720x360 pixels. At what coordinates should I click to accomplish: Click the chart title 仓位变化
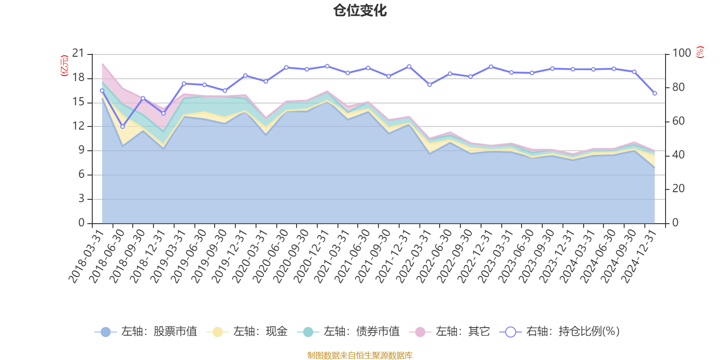coord(360,10)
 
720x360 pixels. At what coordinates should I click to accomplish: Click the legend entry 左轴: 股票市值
coord(146,332)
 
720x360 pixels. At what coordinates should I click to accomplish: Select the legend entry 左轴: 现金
coord(247,332)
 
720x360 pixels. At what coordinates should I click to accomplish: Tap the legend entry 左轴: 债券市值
coord(348,332)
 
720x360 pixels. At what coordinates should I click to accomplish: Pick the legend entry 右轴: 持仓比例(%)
coord(560,332)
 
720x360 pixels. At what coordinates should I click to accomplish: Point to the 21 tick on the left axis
coord(78,54)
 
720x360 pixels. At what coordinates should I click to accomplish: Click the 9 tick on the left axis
coord(81,150)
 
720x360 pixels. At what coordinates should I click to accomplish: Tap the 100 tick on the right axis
coord(681,54)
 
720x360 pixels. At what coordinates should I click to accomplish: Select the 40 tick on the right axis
coord(679,155)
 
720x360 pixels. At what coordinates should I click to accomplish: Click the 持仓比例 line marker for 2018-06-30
coord(122,126)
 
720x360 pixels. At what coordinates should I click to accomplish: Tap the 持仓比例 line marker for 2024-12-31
coord(655,93)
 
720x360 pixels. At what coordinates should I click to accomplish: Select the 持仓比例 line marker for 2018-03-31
coord(102,90)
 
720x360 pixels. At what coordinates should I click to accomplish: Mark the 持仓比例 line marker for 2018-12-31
coord(163,113)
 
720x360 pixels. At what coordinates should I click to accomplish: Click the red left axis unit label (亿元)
coord(64,66)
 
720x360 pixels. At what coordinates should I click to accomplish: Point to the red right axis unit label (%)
coord(700,52)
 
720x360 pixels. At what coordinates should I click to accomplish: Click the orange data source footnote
coord(360,355)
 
